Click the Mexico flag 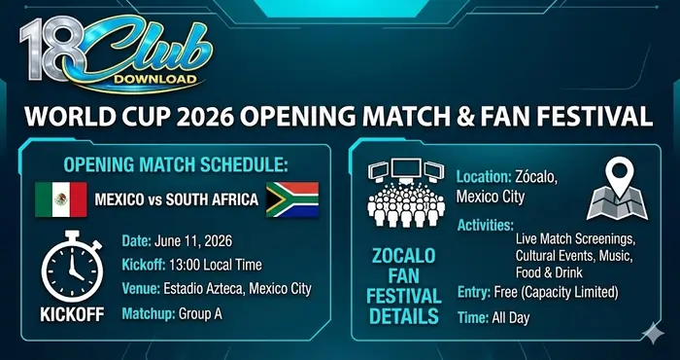[60, 199]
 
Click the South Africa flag [292, 199]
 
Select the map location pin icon [614, 189]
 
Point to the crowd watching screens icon [403, 200]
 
